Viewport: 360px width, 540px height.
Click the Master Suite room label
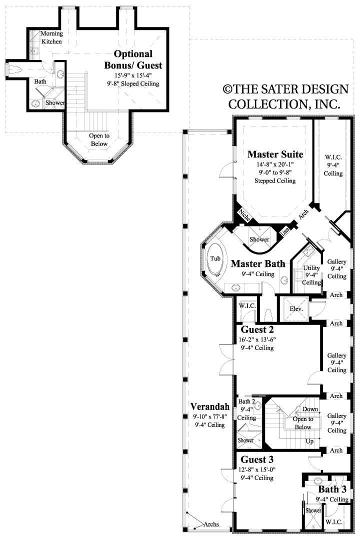point(275,153)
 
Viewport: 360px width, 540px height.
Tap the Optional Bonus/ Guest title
point(133,59)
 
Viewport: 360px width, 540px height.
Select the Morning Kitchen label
point(51,37)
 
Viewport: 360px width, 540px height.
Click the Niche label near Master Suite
point(244,215)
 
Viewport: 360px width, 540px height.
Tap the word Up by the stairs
point(309,441)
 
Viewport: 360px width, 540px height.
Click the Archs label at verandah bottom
point(213,524)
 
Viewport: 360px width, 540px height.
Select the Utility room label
point(311,268)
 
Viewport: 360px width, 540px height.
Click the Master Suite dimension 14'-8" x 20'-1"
point(275,163)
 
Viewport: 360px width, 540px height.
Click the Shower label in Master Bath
point(259,239)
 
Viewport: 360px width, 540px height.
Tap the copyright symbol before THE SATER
point(228,89)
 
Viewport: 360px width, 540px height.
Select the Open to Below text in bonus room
point(99,139)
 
